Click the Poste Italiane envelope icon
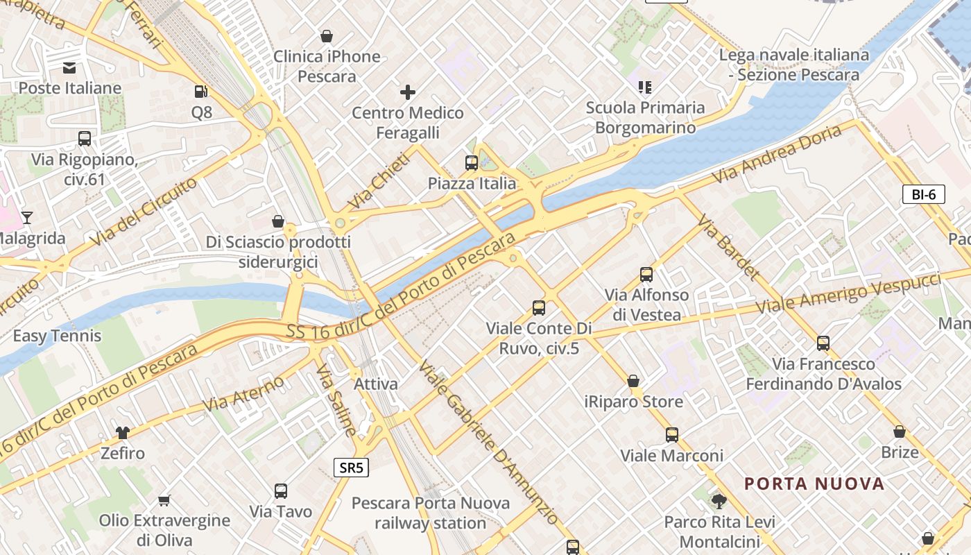click(x=69, y=67)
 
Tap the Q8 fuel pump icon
click(x=201, y=91)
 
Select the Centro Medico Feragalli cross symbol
click(x=408, y=92)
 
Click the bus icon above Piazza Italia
click(x=472, y=163)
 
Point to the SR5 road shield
click(x=351, y=468)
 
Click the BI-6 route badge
click(x=924, y=194)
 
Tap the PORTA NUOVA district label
click(x=814, y=484)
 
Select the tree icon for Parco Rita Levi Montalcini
click(x=719, y=501)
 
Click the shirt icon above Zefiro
click(x=123, y=433)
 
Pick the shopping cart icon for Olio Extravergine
click(x=164, y=499)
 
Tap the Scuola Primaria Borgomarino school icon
click(x=645, y=87)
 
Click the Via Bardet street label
click(x=728, y=247)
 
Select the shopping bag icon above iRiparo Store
click(x=633, y=381)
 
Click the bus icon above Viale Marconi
click(x=671, y=435)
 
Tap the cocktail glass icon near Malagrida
click(x=27, y=218)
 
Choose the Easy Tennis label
click(x=58, y=336)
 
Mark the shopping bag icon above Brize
click(x=900, y=432)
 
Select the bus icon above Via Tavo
click(x=281, y=491)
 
